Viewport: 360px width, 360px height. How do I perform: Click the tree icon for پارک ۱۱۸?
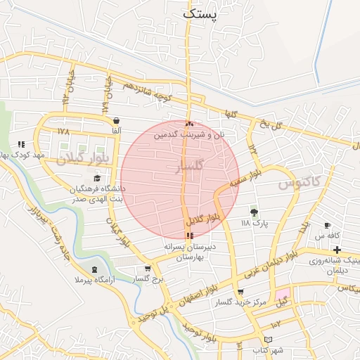(254, 212)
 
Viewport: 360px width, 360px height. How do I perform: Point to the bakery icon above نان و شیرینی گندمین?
(189, 123)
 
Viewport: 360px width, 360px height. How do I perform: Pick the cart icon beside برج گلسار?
(147, 269)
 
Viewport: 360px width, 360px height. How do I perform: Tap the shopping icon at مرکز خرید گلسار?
(240, 292)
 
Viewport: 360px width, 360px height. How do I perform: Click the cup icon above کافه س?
(327, 226)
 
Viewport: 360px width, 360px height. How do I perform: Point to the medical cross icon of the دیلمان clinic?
(337, 250)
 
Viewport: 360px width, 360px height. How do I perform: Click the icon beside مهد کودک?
(21, 144)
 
